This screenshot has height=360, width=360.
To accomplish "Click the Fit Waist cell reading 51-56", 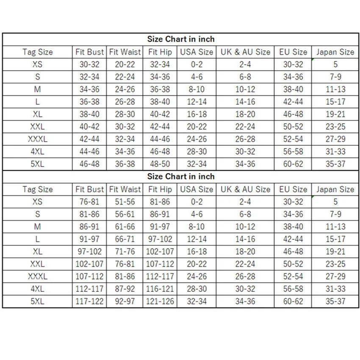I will click(125, 202).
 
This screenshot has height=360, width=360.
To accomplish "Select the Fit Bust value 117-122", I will click(89, 302).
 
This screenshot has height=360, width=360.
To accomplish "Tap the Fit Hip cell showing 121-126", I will click(160, 302).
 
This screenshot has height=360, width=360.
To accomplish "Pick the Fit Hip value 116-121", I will click(160, 289).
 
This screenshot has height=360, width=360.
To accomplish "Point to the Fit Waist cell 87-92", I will click(125, 289).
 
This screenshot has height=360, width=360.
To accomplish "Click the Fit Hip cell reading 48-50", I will click(160, 164).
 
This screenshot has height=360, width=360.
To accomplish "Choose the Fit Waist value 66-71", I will click(125, 239).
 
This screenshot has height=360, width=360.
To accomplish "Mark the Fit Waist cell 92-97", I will click(125, 302).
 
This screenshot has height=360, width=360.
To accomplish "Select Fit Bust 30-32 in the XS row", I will click(89, 65).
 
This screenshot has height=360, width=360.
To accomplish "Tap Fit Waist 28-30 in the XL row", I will click(125, 114).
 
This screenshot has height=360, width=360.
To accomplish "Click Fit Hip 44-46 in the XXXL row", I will click(160, 139).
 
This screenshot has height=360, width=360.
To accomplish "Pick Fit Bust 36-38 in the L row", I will click(89, 102).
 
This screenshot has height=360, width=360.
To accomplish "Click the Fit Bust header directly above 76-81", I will click(89, 189).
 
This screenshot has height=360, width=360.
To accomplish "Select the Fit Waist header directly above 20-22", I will click(125, 52).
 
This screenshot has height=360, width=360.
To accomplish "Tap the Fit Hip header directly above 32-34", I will click(160, 52).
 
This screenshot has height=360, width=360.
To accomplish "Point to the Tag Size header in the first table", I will click(37, 52).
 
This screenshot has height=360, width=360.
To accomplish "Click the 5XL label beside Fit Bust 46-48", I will click(37, 164).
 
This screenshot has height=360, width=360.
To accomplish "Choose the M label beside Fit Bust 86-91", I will click(37, 227).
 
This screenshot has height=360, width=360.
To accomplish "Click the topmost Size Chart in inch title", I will click(181, 39).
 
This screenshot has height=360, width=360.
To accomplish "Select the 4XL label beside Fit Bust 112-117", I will click(37, 289).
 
